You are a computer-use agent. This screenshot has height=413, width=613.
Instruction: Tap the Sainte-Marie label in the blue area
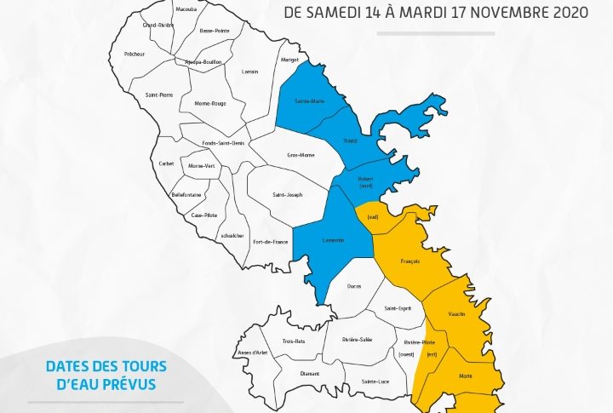tap(308, 101)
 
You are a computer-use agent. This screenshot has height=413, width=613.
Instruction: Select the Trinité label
tap(350, 141)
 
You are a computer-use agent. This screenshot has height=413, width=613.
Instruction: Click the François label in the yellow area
tap(410, 261)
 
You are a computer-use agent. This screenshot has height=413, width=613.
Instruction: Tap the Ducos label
tap(354, 287)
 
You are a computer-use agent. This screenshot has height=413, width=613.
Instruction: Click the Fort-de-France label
tap(271, 242)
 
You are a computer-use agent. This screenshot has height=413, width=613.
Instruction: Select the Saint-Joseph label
tap(287, 195)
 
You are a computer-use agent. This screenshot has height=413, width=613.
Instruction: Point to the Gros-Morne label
tap(299, 156)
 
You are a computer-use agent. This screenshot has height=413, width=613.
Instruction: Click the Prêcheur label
tap(135, 54)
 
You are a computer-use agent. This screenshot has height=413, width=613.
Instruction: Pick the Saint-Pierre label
tap(159, 95)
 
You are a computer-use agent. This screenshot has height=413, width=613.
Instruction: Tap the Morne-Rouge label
tap(209, 104)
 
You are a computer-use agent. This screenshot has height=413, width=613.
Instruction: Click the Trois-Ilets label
tap(294, 341)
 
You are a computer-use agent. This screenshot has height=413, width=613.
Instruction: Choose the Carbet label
tap(166, 162)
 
